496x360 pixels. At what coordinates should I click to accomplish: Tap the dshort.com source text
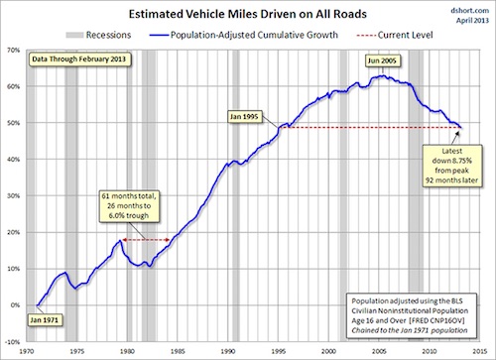[x=465, y=8]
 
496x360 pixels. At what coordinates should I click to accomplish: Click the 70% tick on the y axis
[x=14, y=50]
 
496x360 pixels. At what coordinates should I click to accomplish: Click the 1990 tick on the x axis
[x=229, y=350]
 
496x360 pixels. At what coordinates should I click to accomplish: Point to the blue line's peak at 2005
[x=377, y=75]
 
